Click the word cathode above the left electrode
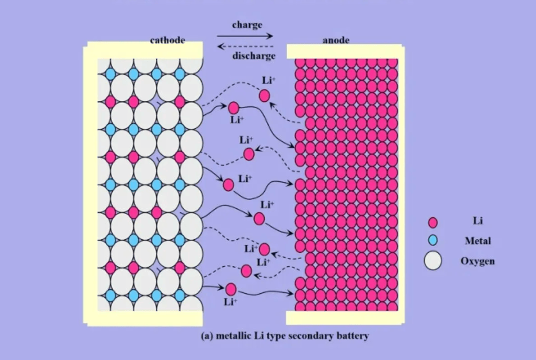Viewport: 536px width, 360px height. point(167,40)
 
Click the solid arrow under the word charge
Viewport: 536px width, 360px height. point(245,36)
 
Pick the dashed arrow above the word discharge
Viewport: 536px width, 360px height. point(245,47)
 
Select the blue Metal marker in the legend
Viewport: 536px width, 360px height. point(433,240)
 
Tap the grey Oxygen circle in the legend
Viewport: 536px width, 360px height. point(433,260)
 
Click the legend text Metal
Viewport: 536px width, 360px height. point(478,241)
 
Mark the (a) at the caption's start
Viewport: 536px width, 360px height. point(207,336)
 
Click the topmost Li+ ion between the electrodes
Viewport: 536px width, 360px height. point(265,96)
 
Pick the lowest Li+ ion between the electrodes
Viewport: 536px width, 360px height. point(231,289)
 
